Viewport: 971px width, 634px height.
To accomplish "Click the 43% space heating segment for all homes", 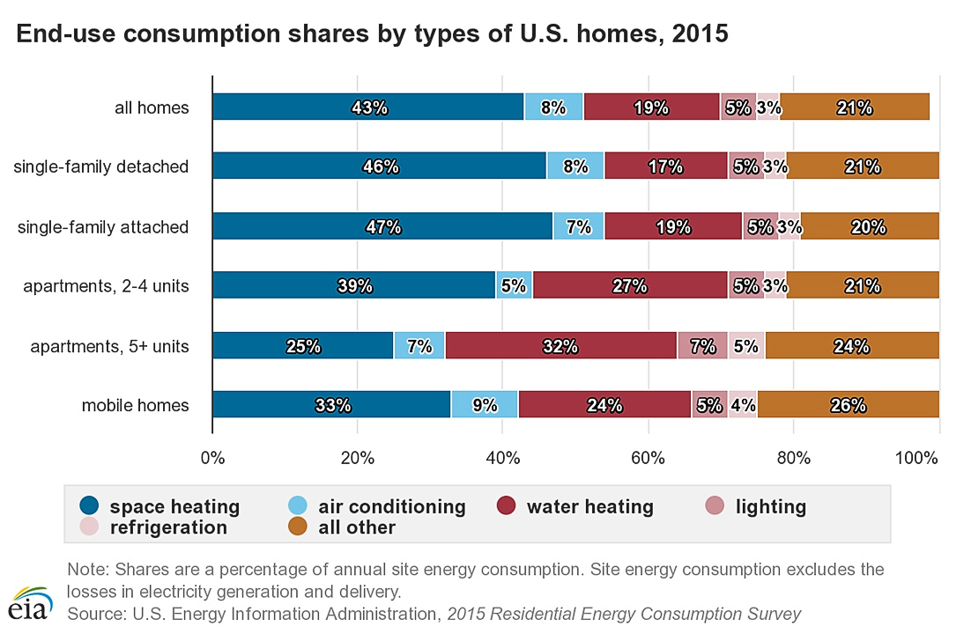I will (x=368, y=107).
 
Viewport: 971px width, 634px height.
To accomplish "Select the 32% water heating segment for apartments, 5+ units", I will (x=560, y=346).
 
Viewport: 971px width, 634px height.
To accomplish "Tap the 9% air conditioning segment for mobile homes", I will (x=485, y=406).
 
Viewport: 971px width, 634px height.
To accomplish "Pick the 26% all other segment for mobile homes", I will (x=848, y=406).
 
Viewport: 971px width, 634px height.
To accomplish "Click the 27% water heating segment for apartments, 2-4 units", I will (x=630, y=286).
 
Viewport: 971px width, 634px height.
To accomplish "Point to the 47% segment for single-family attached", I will (x=382, y=226).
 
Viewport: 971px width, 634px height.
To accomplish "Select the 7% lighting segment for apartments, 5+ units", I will (x=702, y=346).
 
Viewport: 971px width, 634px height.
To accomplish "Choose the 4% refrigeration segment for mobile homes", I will (x=743, y=406).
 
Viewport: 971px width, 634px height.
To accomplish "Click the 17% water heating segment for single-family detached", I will (x=665, y=166).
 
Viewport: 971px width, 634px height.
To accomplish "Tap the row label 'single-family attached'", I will (x=103, y=227).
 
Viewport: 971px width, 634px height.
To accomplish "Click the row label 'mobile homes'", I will (x=135, y=406).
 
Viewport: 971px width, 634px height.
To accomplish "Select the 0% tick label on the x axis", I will (x=212, y=458).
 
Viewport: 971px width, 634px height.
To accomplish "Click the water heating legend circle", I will (x=506, y=506).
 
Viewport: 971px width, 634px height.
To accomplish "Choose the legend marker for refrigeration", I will (x=89, y=527).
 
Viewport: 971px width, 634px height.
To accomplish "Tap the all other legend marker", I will (x=298, y=527).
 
